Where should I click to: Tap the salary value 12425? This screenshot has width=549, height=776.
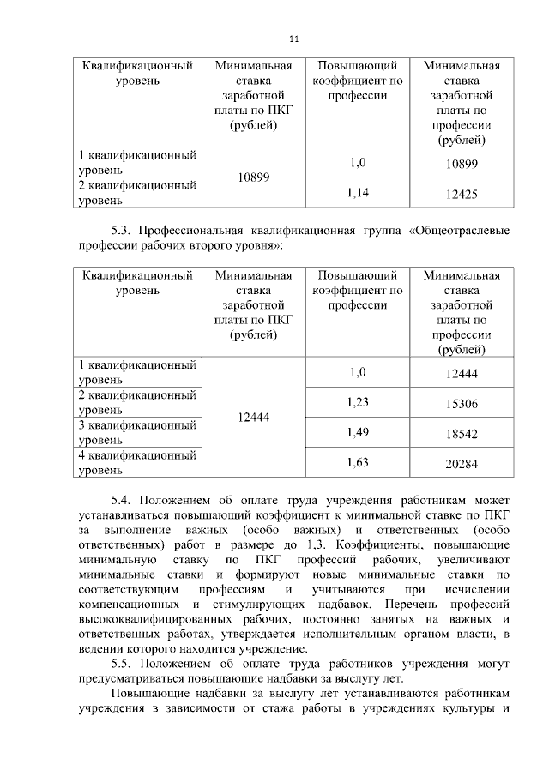click(x=462, y=196)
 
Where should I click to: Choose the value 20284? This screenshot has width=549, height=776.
click(x=462, y=465)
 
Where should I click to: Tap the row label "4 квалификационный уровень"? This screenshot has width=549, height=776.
click(x=138, y=463)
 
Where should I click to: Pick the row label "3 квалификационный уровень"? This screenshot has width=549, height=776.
click(x=138, y=432)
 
